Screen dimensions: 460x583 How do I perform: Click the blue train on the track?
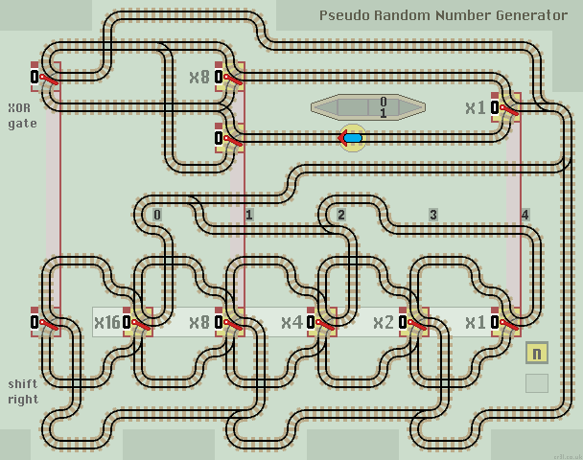353,138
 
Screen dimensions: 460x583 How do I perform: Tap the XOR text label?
18,107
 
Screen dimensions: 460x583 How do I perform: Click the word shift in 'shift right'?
23,383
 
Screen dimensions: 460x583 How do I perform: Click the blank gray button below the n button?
537,383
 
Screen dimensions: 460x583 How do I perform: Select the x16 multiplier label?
106,323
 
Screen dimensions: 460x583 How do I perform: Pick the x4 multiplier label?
291,323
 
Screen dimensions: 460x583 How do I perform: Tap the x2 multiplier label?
384,323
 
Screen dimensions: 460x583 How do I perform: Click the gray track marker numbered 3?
432,215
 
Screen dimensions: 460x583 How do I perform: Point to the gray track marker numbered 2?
340,215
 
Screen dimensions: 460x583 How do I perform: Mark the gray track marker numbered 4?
525,215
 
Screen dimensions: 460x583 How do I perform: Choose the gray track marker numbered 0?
156,215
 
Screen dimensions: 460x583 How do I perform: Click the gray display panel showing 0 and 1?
368,106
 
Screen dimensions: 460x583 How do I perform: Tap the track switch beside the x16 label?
138,323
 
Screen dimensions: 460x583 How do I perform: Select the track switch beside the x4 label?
322,323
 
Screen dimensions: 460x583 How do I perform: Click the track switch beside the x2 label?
414,323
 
